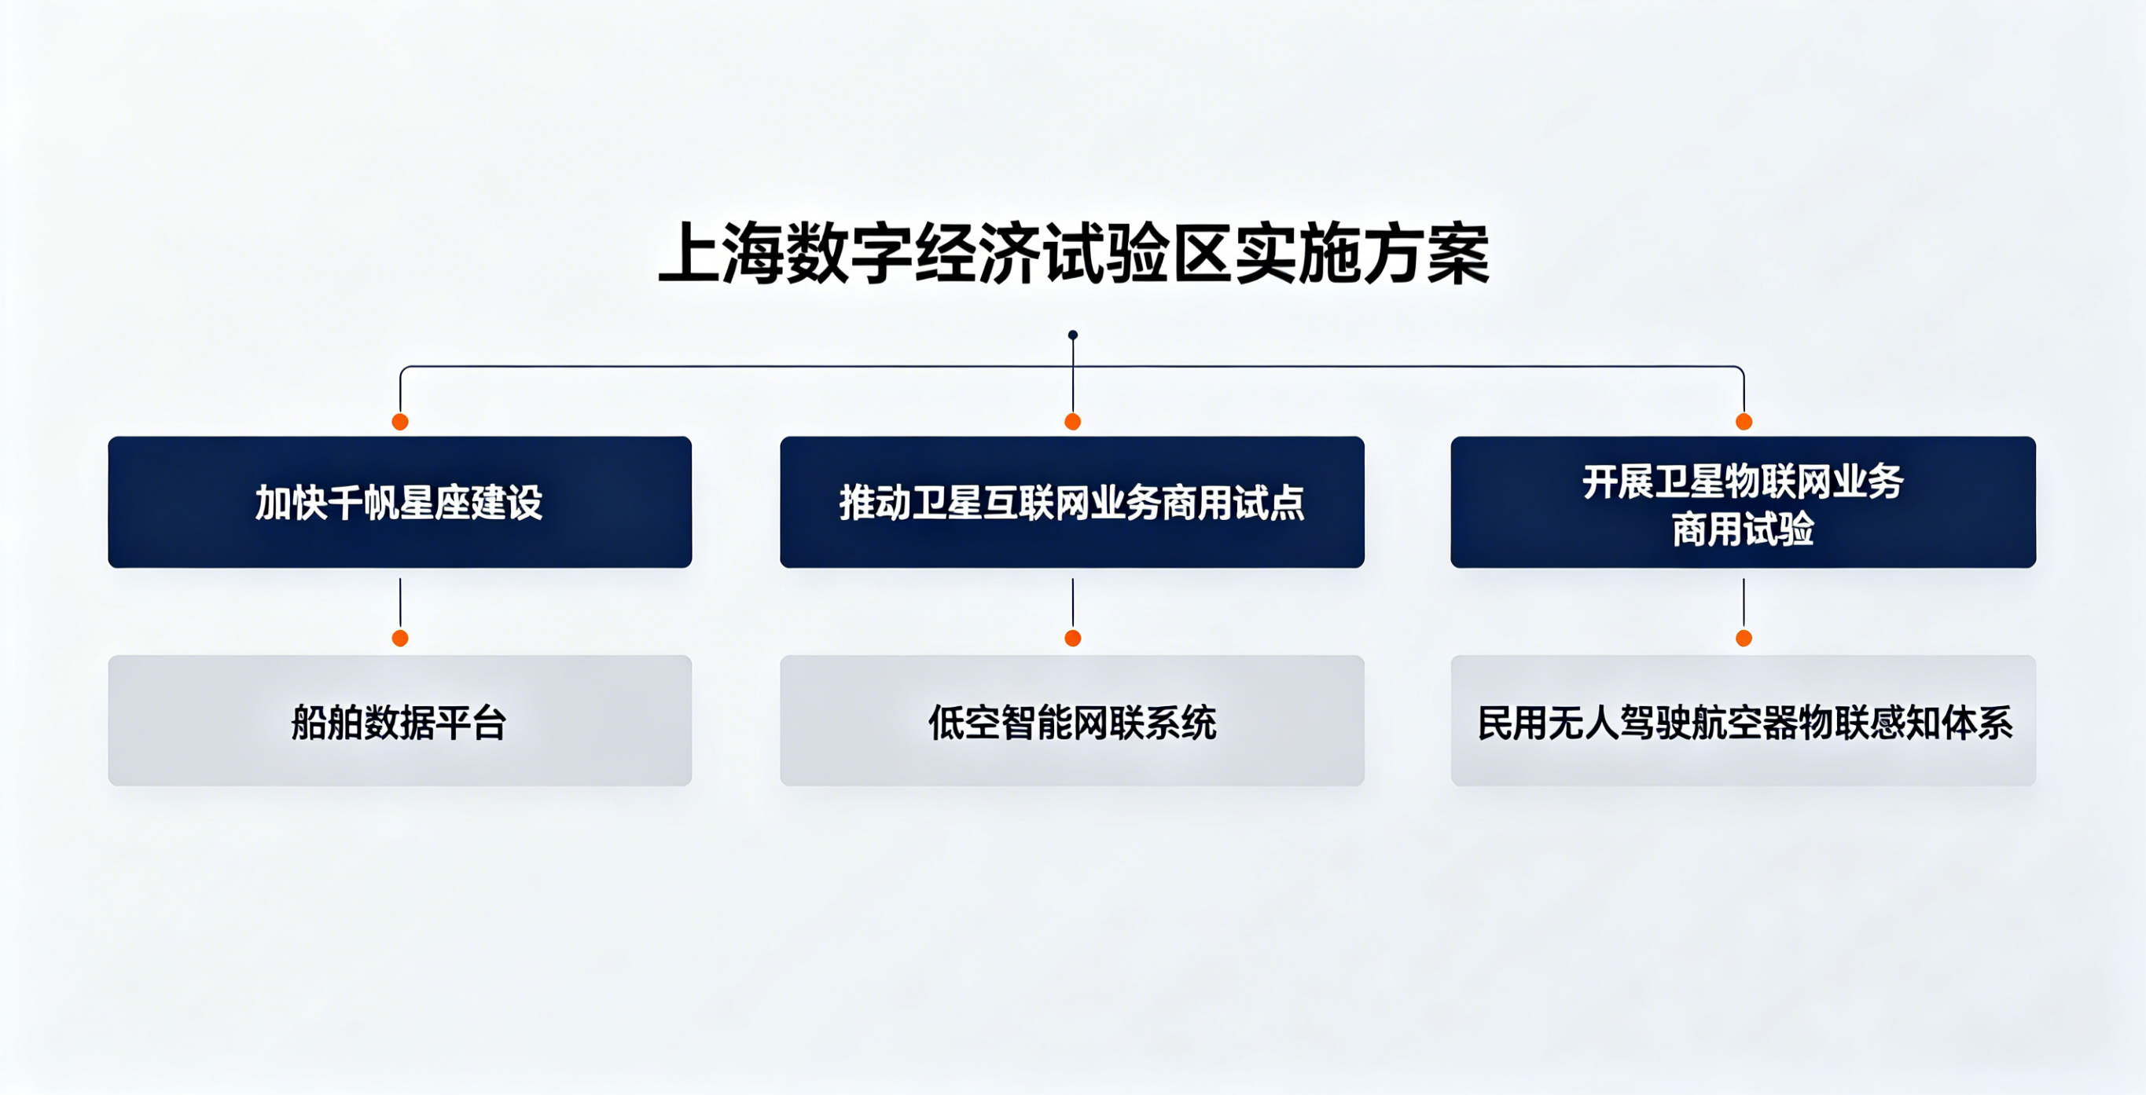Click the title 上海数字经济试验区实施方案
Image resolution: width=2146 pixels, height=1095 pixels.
(1073, 254)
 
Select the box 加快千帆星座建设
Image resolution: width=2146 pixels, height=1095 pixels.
(400, 502)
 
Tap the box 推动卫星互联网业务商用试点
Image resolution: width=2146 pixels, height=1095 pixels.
(1072, 502)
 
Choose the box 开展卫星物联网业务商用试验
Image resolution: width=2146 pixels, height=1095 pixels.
(1744, 502)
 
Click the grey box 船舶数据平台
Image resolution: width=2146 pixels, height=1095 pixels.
(400, 720)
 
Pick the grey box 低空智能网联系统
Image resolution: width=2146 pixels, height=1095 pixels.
(1072, 720)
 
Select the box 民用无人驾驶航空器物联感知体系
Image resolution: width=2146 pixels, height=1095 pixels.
(1744, 720)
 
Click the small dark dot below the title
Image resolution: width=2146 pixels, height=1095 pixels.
(1073, 335)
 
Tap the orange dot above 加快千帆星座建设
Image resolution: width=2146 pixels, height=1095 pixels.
(400, 421)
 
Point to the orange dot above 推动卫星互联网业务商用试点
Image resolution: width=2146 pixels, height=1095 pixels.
(1073, 421)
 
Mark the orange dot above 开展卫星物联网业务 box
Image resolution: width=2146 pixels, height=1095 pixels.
(1744, 421)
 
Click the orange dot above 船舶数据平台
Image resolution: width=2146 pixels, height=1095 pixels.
(400, 638)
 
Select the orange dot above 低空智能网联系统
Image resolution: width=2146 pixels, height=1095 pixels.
(1073, 638)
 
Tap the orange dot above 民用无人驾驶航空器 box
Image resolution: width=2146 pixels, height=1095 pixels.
(1744, 638)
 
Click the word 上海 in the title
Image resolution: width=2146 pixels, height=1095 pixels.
(721, 254)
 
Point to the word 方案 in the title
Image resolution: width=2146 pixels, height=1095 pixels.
(1427, 254)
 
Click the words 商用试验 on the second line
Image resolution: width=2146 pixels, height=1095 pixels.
(1744, 529)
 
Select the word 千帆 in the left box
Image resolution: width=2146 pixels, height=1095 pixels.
(363, 503)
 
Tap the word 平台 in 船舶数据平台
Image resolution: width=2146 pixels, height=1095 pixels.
(472, 723)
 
